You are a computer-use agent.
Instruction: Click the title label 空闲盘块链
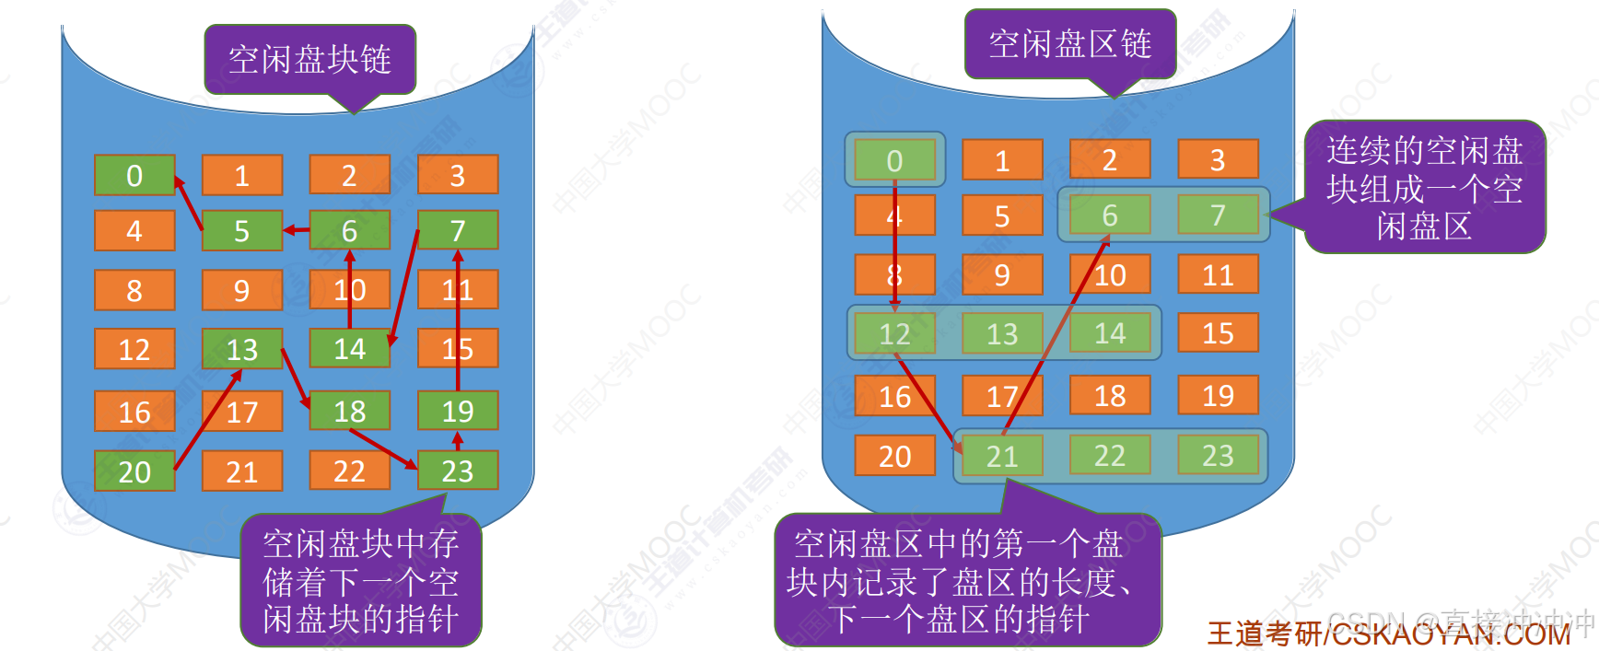pyautogui.click(x=309, y=60)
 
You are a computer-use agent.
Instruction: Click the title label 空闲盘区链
pyautogui.click(x=1069, y=43)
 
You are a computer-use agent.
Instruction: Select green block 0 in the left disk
pyautogui.click(x=134, y=175)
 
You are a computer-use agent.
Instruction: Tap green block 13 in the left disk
pyautogui.click(x=242, y=349)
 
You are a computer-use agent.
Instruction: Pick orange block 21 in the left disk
pyautogui.click(x=242, y=471)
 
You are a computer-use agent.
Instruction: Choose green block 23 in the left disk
pyautogui.click(x=458, y=471)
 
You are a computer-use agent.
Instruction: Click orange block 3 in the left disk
pyautogui.click(x=458, y=175)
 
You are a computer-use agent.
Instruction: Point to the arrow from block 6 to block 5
pyautogui.click(x=297, y=230)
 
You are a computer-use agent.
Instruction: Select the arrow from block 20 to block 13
pyautogui.click(x=208, y=420)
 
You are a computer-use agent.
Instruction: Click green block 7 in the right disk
pyautogui.click(x=1218, y=215)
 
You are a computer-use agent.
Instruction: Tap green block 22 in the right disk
pyautogui.click(x=1110, y=456)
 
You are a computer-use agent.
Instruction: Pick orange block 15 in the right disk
pyautogui.click(x=1218, y=333)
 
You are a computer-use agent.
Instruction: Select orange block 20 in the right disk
pyautogui.click(x=894, y=456)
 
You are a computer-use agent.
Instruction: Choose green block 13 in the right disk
pyautogui.click(x=1002, y=333)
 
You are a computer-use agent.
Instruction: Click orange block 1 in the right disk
pyautogui.click(x=1002, y=161)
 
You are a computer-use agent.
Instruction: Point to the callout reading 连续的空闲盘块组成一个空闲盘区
pyautogui.click(x=1424, y=188)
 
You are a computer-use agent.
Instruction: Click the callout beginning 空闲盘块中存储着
pyautogui.click(x=360, y=581)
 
